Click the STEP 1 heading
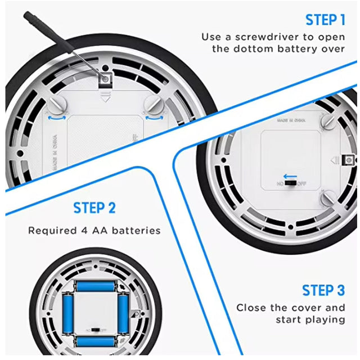325,20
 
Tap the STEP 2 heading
94,208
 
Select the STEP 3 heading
323,290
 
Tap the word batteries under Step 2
136,231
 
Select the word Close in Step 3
250,308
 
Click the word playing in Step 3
325,319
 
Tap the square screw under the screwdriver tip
105,80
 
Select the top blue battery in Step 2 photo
95,286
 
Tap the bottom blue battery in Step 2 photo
95,341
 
